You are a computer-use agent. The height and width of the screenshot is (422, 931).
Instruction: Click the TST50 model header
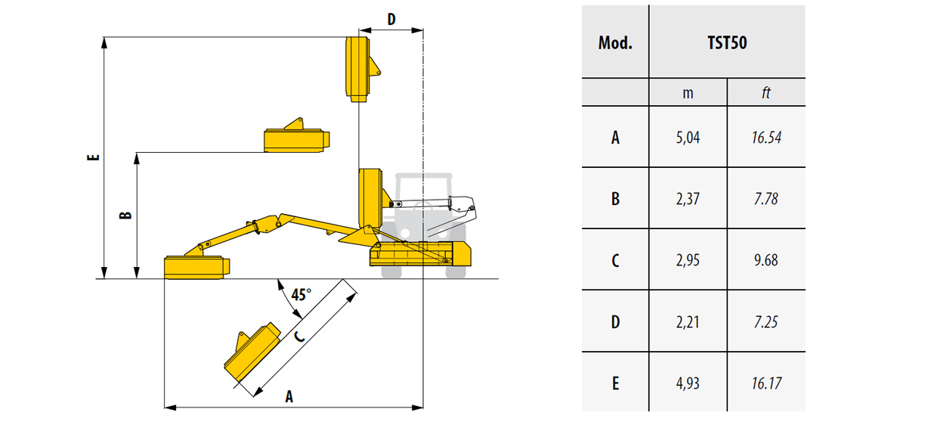coord(726,42)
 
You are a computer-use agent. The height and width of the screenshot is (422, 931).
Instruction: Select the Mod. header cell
coord(615,42)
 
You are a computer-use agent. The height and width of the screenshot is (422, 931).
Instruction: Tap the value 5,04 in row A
coord(688,137)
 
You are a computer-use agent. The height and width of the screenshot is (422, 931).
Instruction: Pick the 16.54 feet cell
coord(766,137)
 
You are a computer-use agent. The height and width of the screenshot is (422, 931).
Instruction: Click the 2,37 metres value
coord(688,199)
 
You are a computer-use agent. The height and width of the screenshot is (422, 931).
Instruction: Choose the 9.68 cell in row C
coord(766,260)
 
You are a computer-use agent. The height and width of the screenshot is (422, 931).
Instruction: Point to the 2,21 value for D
coord(688,322)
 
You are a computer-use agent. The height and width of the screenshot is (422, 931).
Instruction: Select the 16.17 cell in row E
coord(766,383)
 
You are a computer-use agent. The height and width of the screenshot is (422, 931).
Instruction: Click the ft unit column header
coord(766,92)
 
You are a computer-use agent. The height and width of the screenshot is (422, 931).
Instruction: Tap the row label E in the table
coord(615,383)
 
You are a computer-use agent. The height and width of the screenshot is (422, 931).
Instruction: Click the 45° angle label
coord(300,294)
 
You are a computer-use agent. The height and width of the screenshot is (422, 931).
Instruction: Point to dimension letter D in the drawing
coord(391,20)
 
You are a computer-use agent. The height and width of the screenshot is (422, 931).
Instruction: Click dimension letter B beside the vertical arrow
coord(125,215)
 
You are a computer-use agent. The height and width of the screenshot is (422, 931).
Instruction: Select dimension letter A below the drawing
coord(289,396)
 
